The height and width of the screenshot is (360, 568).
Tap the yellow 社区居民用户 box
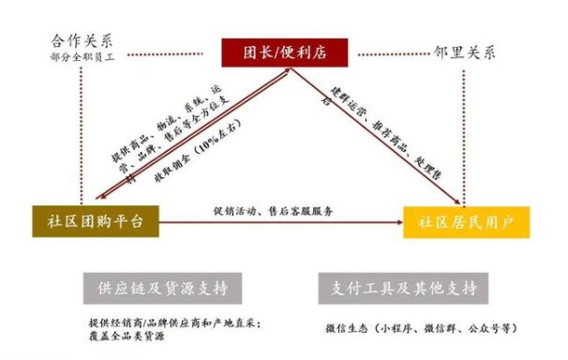pyautogui.click(x=466, y=221)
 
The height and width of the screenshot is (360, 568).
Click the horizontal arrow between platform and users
pyautogui.click(x=281, y=223)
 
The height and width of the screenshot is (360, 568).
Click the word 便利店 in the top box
pyautogui.click(x=302, y=52)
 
